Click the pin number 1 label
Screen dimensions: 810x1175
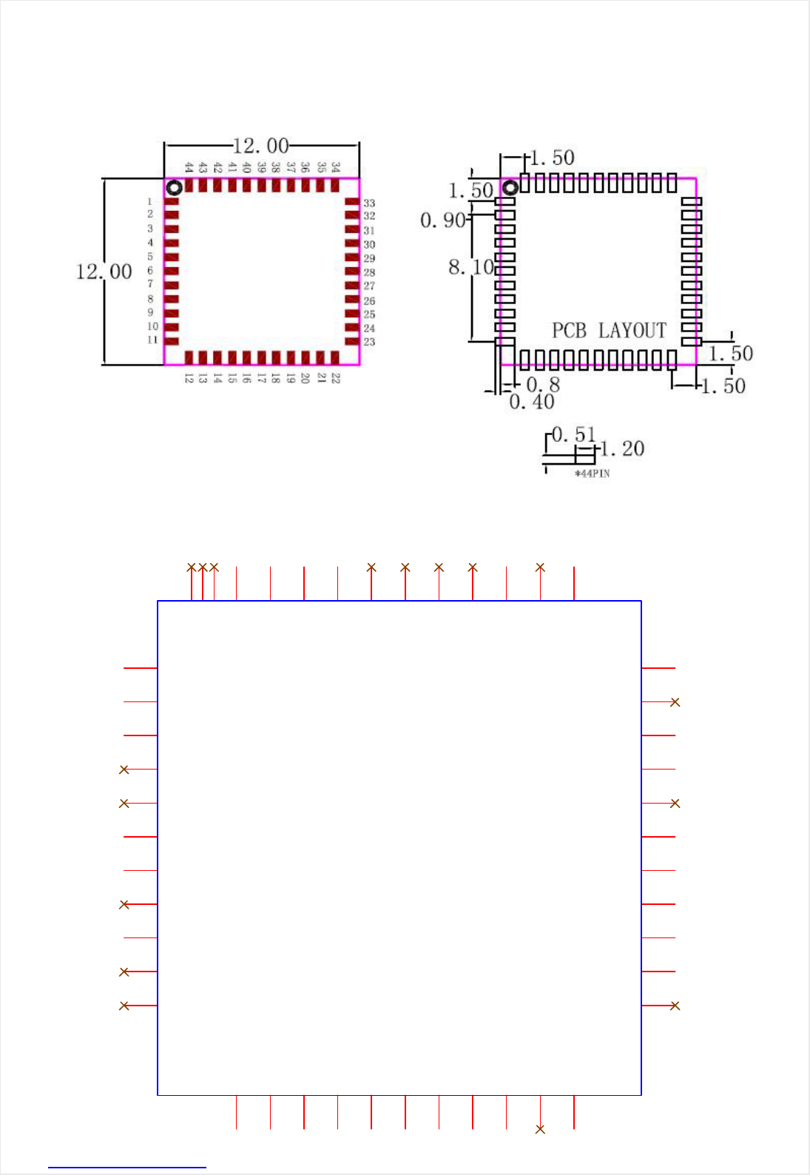(149, 201)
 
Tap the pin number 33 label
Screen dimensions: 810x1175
(369, 203)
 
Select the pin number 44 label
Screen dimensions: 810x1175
(189, 167)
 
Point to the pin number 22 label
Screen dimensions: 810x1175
(336, 377)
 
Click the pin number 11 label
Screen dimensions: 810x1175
(152, 340)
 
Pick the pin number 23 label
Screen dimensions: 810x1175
(369, 342)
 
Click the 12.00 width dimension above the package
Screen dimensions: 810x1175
(260, 146)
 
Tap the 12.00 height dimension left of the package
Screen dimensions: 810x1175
(104, 272)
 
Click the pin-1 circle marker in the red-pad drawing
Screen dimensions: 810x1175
(174, 187)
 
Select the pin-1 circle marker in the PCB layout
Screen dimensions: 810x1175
(510, 187)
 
